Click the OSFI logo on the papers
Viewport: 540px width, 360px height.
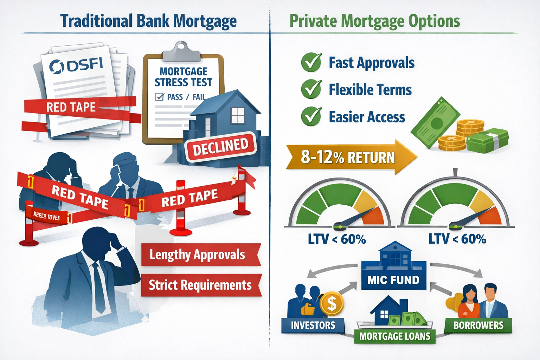(x=76, y=65)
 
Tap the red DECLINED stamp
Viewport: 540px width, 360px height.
(x=220, y=147)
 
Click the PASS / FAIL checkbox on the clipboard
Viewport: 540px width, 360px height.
(x=160, y=97)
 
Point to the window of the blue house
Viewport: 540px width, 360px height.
(x=237, y=115)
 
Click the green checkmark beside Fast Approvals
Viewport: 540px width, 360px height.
(x=311, y=63)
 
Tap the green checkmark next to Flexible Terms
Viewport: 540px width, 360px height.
(x=311, y=89)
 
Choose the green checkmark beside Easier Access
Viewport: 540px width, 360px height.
(x=311, y=116)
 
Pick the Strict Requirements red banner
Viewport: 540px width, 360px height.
(x=200, y=285)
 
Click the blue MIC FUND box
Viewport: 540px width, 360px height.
(x=393, y=280)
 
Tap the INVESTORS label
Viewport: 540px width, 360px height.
(x=313, y=325)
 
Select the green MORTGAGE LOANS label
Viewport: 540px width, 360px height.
(x=395, y=336)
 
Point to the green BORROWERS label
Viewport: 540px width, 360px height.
(x=478, y=325)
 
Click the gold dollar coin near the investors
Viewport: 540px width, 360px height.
(x=332, y=303)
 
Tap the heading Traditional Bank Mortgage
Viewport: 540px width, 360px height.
(x=148, y=21)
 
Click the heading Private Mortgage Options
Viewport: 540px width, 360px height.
(x=375, y=21)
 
